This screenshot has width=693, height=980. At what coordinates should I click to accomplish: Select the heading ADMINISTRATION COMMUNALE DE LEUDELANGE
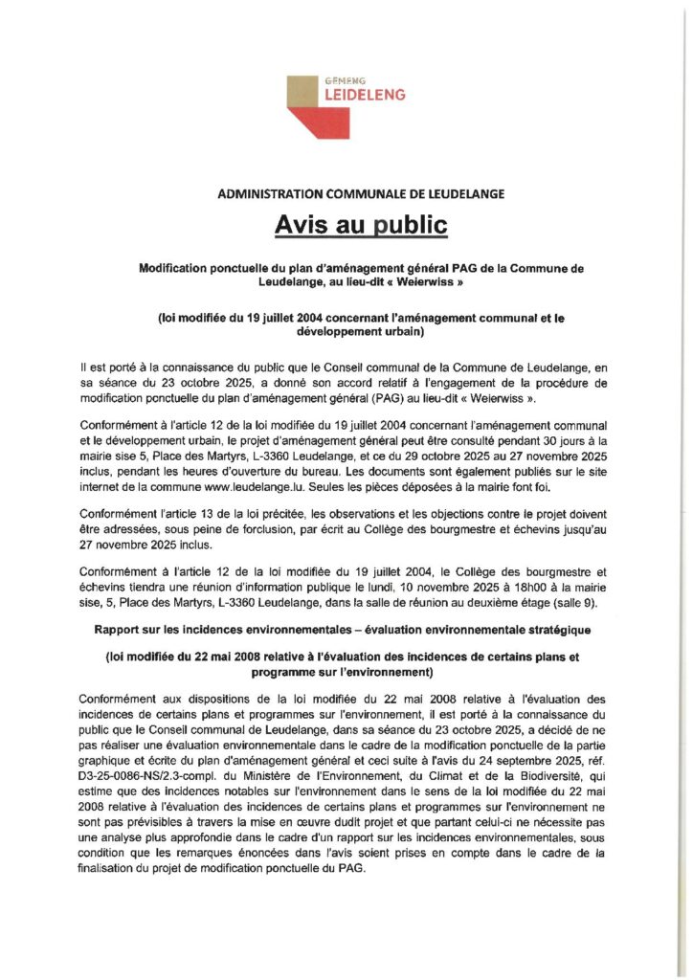(346, 193)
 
